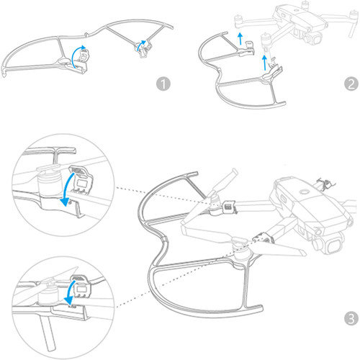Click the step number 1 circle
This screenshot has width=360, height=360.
pos(165,84)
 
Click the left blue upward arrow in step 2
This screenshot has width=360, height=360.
pos(238,38)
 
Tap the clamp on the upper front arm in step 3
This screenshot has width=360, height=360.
pos(230,207)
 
